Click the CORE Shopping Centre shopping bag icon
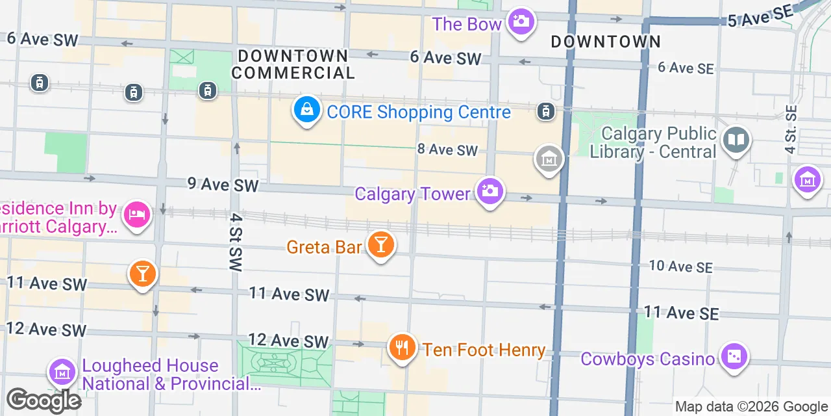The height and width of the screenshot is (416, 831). click(307, 111)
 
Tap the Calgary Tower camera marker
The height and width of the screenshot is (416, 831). click(490, 191)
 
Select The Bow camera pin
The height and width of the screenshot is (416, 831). click(521, 22)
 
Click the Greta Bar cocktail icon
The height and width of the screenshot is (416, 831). click(380, 245)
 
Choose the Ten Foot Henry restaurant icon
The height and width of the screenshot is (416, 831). click(403, 348)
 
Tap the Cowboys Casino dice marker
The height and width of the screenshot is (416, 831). click(734, 357)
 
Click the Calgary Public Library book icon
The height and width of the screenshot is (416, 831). click(737, 140)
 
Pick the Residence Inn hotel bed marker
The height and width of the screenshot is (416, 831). click(137, 214)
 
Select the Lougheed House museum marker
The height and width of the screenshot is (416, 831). click(62, 372)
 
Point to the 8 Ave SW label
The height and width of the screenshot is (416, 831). click(447, 150)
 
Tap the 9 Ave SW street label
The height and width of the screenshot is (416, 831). click(223, 185)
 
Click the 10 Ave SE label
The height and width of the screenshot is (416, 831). click(681, 266)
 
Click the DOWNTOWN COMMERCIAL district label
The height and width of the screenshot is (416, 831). click(293, 64)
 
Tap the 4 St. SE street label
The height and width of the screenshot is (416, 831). click(790, 129)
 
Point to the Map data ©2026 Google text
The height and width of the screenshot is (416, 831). click(751, 407)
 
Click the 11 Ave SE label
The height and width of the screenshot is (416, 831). click(681, 313)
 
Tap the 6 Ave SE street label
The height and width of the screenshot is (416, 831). click(685, 68)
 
